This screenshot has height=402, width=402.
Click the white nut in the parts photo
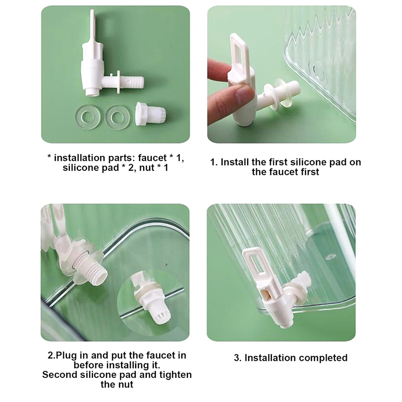coord(150,114)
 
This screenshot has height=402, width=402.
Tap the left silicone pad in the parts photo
coord(87,117)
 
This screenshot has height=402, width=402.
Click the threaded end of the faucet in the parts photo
coord(133,81)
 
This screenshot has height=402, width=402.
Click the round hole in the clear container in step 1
coord(318,72)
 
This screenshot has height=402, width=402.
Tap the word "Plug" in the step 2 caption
coord(66,356)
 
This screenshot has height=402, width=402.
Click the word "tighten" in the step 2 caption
coord(175,374)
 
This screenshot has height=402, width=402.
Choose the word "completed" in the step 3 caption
coord(323,358)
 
